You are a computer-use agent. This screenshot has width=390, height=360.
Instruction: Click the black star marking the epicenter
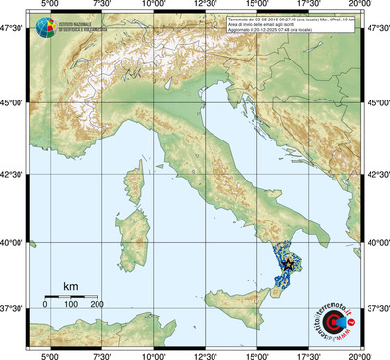pyautogui.click(x=289, y=261)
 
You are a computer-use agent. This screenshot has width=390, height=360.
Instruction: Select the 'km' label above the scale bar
pyautogui.click(x=70, y=285)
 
